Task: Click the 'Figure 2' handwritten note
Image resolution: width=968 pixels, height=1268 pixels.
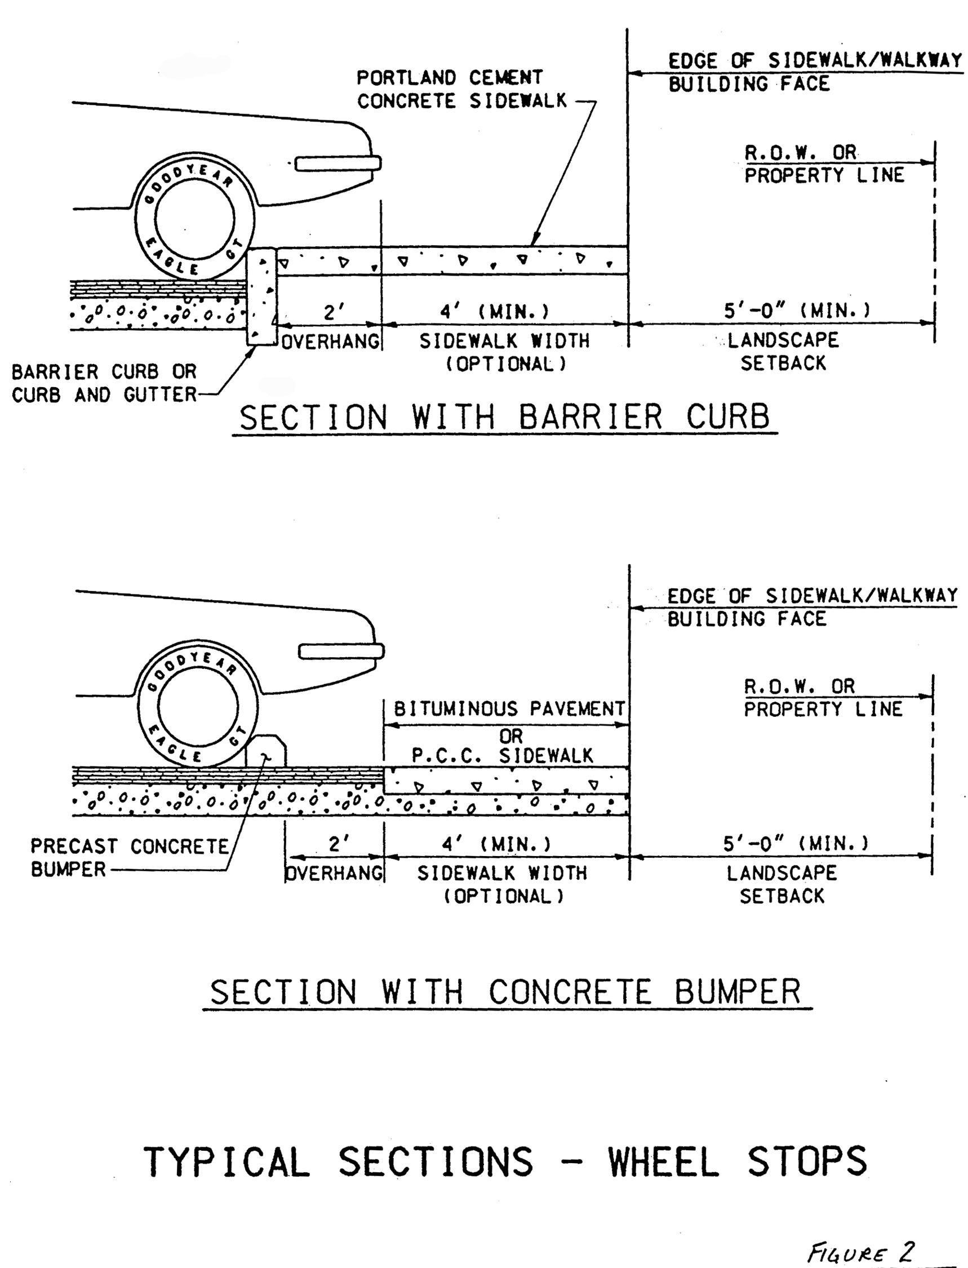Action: [861, 1252]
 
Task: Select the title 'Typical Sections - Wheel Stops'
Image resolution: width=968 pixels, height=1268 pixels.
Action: [505, 1162]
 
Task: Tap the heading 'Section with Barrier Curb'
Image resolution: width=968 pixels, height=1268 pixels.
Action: [505, 416]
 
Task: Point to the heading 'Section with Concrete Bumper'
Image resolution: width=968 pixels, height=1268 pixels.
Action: [506, 992]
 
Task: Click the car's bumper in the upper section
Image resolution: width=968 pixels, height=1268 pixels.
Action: [338, 163]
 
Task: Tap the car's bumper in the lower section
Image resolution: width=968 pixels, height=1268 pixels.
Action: [341, 651]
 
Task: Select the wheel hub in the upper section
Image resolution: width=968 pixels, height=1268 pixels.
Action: [195, 219]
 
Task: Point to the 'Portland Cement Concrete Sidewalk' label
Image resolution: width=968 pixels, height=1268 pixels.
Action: [461, 90]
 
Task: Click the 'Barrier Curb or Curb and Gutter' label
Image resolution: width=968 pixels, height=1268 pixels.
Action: [104, 383]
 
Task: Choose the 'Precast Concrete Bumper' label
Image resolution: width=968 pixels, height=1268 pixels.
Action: [130, 858]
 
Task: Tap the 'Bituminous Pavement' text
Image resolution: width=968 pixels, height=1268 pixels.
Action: [509, 708]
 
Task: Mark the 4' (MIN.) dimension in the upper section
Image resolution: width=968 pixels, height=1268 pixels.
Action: [494, 312]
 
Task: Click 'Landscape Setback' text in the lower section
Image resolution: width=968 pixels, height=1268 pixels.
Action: [782, 884]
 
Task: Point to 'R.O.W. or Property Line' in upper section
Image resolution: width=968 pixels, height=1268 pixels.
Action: [824, 163]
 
